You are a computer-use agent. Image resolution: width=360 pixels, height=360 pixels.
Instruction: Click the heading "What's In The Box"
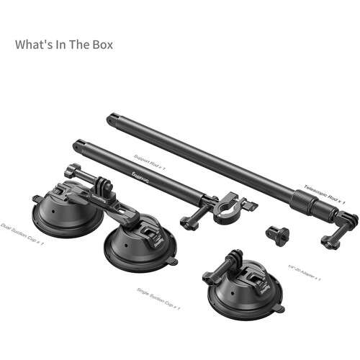[64, 44]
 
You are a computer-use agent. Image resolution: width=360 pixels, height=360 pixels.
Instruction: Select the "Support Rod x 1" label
[150, 158]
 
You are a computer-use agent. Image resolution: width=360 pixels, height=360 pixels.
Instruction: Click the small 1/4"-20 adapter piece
[276, 233]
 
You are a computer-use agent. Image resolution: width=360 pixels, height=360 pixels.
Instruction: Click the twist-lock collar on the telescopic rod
[302, 197]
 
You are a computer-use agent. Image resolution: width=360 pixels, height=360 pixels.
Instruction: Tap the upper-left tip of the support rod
[77, 145]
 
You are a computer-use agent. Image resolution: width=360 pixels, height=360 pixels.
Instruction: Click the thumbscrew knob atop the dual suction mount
[72, 171]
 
